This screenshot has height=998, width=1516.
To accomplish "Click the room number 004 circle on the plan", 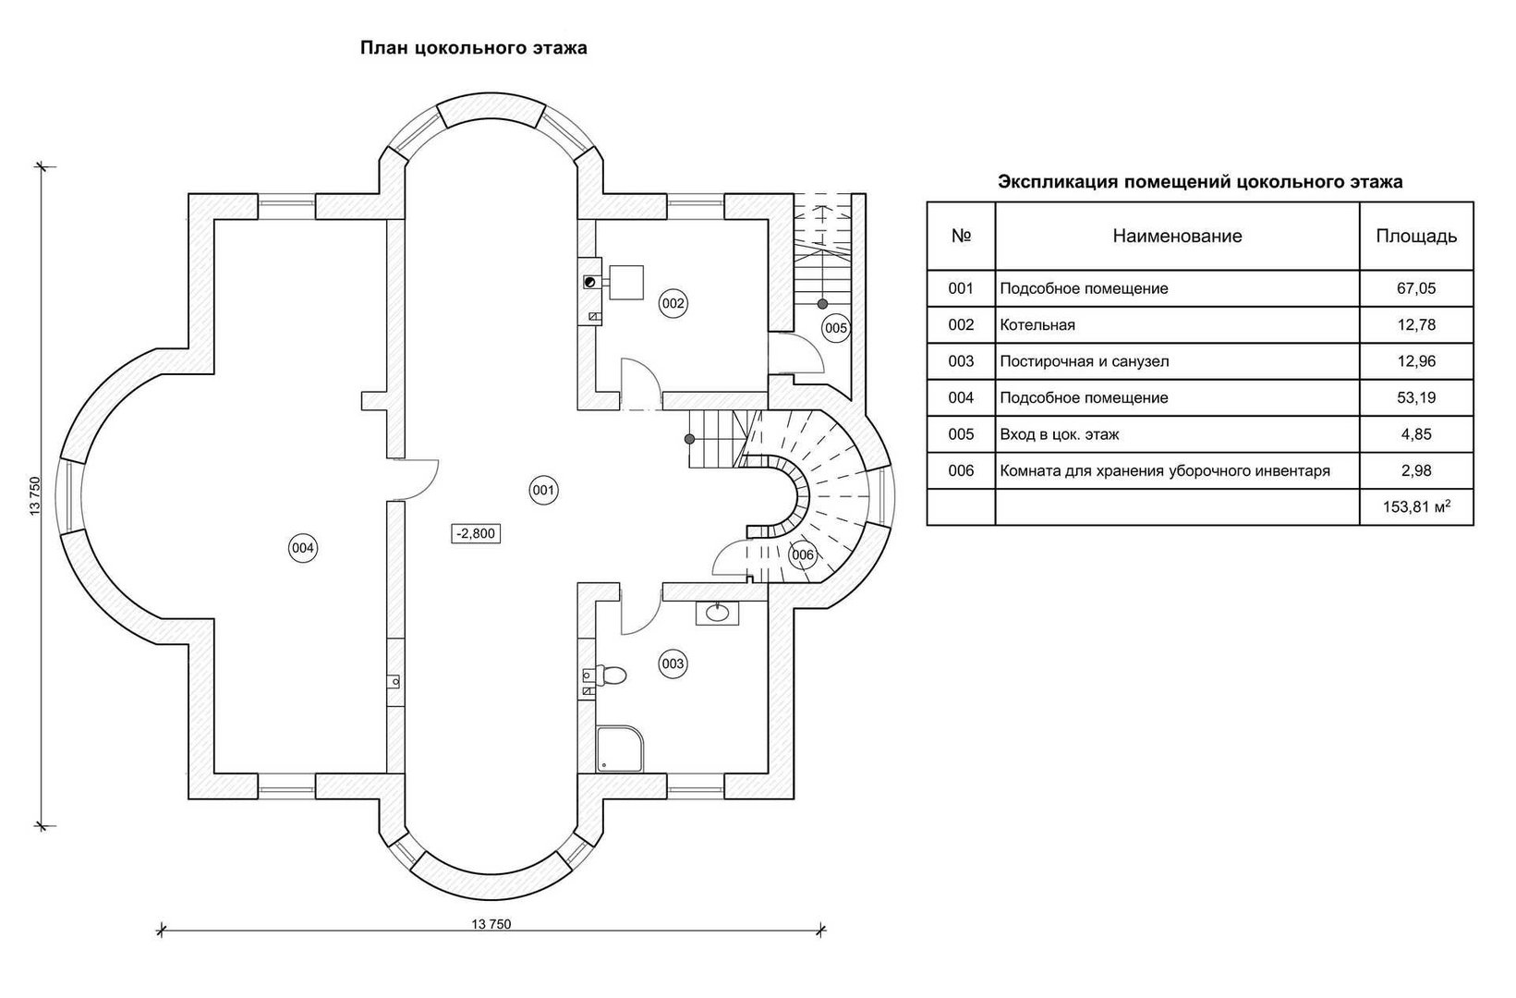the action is tap(302, 548).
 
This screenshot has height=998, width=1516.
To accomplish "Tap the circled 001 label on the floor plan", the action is tap(543, 490).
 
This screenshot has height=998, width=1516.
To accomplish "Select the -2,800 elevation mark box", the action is tap(476, 533).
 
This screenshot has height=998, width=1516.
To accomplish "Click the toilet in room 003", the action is tap(612, 675).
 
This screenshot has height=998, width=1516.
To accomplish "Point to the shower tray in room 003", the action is tap(620, 748).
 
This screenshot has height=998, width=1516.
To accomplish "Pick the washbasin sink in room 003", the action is tap(718, 614).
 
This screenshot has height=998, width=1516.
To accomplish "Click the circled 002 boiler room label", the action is tap(673, 303).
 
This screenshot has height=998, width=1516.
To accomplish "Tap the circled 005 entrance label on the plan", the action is tap(836, 328).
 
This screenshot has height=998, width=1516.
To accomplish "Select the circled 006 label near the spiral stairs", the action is tap(803, 555).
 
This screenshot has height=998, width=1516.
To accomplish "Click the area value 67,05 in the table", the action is tap(1416, 288).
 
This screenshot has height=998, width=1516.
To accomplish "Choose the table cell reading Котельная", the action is tap(1037, 325).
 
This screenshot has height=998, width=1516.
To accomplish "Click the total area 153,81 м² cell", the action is tap(1416, 506).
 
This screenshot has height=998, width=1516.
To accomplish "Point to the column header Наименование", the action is tap(1177, 236).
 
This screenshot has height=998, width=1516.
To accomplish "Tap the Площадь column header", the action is tap(1416, 236).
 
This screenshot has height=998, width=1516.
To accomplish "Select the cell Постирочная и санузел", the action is tap(1085, 361).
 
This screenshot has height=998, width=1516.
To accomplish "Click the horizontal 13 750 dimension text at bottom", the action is tap(491, 923).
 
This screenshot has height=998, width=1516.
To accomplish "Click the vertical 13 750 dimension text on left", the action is tap(35, 496).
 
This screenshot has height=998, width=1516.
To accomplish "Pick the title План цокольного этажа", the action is tap(473, 48).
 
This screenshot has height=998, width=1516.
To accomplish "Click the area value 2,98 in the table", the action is tap(1416, 470).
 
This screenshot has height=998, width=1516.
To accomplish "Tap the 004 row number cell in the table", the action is tap(961, 397).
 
